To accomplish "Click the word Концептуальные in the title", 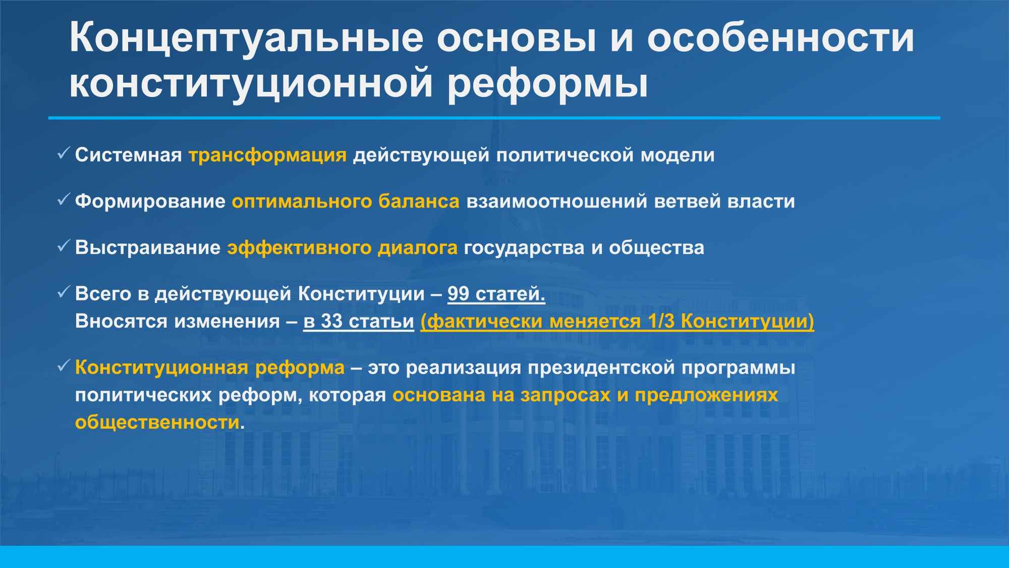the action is [x=245, y=38].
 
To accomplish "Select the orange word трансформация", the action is [x=268, y=156].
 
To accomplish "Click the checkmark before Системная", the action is [x=64, y=153].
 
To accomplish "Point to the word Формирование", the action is [x=150, y=201].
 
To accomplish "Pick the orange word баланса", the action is [x=419, y=201].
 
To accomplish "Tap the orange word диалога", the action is [x=418, y=248].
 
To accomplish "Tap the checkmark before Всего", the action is [x=64, y=292].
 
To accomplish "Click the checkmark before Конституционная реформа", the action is [x=64, y=366].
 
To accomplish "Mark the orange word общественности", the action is [x=157, y=423].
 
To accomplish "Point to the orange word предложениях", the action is [x=706, y=395].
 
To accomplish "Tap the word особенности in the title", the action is [x=780, y=38].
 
